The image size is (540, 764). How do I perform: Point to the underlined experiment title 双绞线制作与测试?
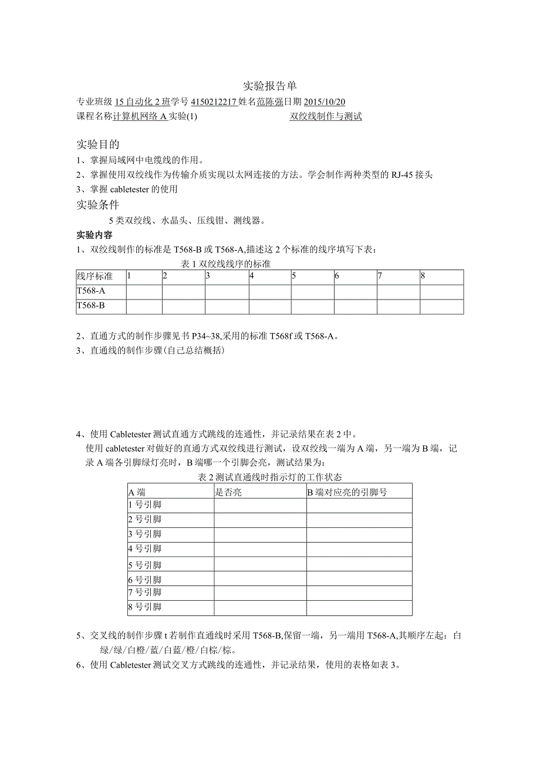point(326,116)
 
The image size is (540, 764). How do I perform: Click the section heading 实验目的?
point(98,144)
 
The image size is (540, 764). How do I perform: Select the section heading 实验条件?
point(98,204)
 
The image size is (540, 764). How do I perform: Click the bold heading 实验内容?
point(95,235)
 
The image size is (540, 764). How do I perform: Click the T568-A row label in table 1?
point(91,291)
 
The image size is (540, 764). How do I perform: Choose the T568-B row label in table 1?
point(91,306)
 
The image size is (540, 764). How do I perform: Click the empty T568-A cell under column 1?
point(144,291)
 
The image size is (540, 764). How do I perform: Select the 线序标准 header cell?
point(95,277)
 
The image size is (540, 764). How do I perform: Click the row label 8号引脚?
point(144,607)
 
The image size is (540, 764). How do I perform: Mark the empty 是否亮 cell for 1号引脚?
point(260,505)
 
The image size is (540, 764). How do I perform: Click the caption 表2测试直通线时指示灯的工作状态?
point(270,477)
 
